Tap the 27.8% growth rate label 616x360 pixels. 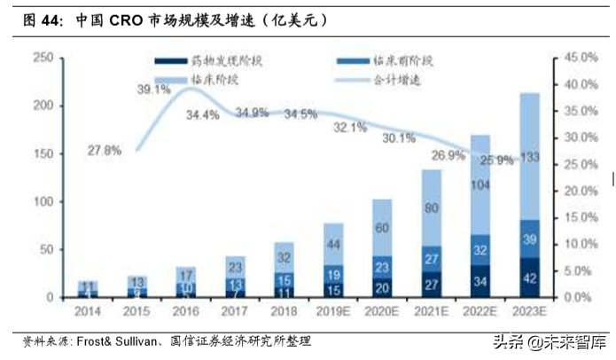pos(105,151)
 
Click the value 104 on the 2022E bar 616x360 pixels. pos(480,184)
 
